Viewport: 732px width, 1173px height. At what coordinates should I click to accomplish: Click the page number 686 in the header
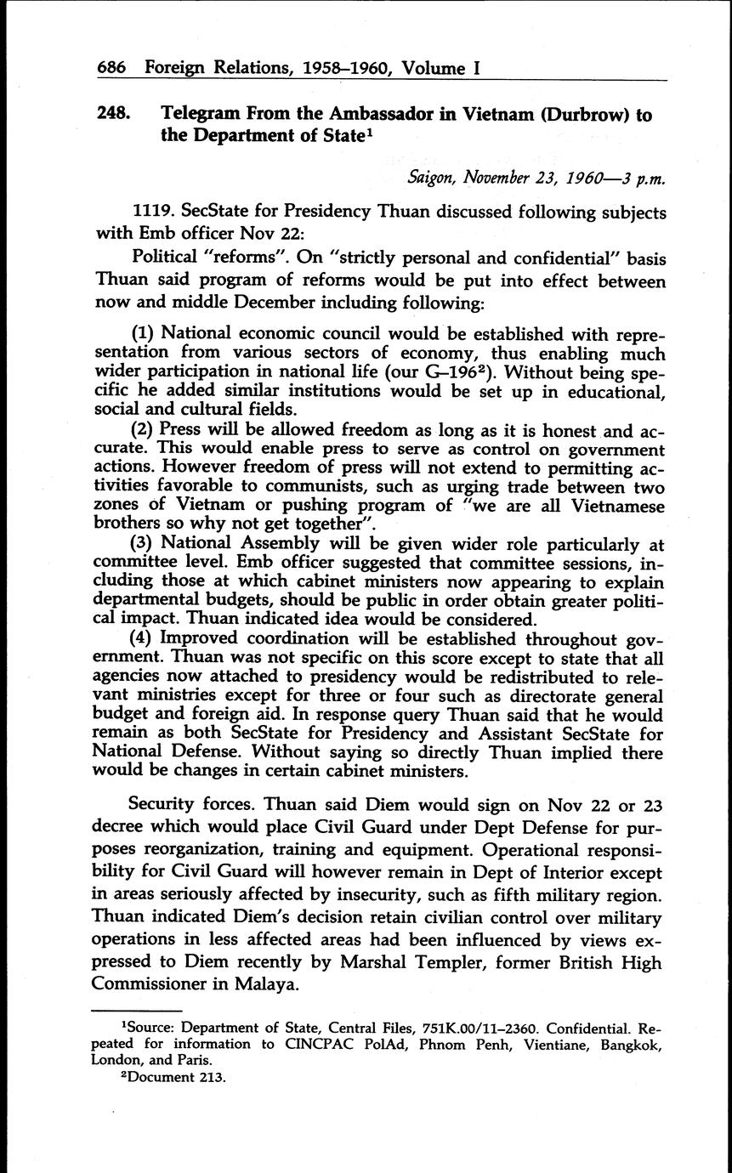point(113,68)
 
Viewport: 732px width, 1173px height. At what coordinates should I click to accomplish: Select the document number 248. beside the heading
point(112,115)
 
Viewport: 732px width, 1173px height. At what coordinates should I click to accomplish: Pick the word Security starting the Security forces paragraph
point(163,806)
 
